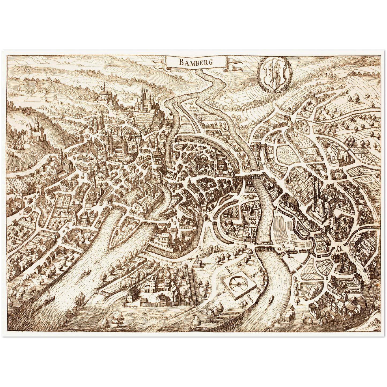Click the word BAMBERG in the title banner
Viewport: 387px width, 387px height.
tap(196, 62)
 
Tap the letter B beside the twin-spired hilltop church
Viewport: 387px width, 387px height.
tap(147, 90)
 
